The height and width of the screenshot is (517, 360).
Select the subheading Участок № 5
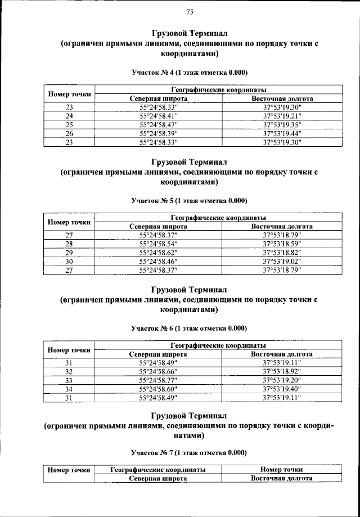coord(189,200)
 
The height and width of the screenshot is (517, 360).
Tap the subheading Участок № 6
coord(189,327)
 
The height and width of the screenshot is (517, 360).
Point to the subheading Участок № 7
coord(189,452)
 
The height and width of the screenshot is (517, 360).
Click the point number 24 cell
coord(69,116)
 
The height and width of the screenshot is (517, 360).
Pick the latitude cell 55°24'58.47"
coord(158,124)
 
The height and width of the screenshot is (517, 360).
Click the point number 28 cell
coord(69,244)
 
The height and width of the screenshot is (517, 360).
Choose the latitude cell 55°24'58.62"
coord(158,252)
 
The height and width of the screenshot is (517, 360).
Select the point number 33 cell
coord(69,380)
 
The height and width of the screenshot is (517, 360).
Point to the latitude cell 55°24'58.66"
coord(158,371)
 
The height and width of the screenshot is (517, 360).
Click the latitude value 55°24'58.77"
coord(158,380)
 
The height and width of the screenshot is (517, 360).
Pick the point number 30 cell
coord(69,261)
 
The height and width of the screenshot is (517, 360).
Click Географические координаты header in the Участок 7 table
coord(158,469)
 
